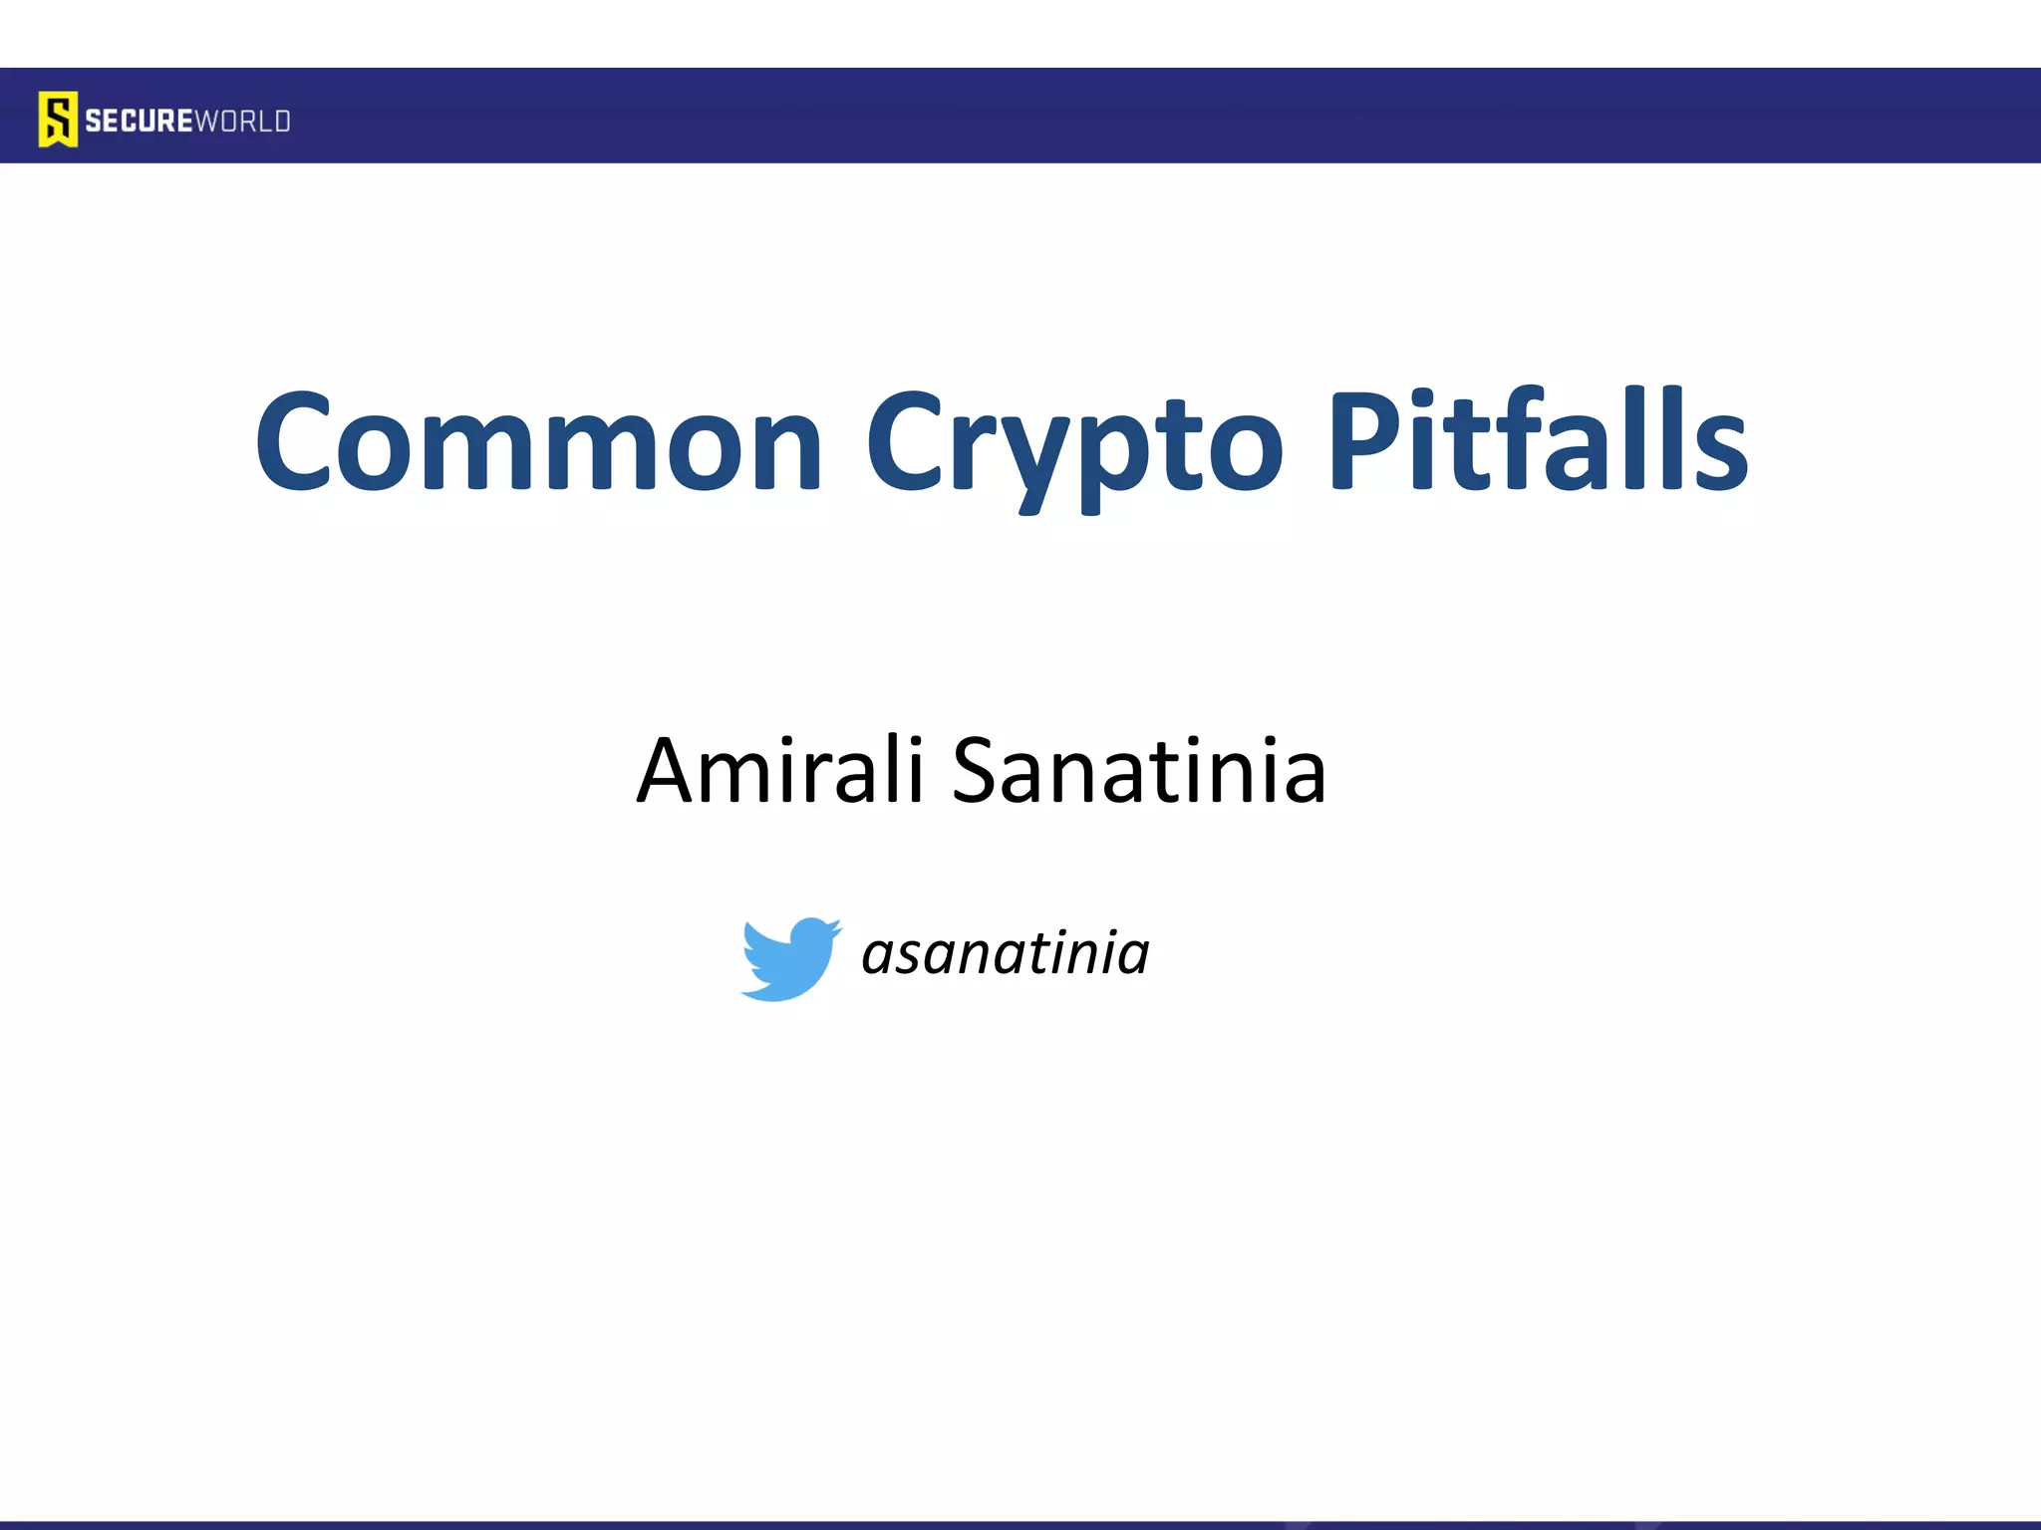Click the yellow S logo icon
tap(58, 120)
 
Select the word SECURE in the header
tap(138, 122)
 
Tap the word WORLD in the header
tap(242, 122)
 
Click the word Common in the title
tap(538, 443)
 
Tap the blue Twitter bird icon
tap(789, 958)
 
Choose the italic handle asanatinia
tap(1005, 953)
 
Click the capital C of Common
tap(293, 443)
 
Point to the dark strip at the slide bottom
tap(1020, 1525)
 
